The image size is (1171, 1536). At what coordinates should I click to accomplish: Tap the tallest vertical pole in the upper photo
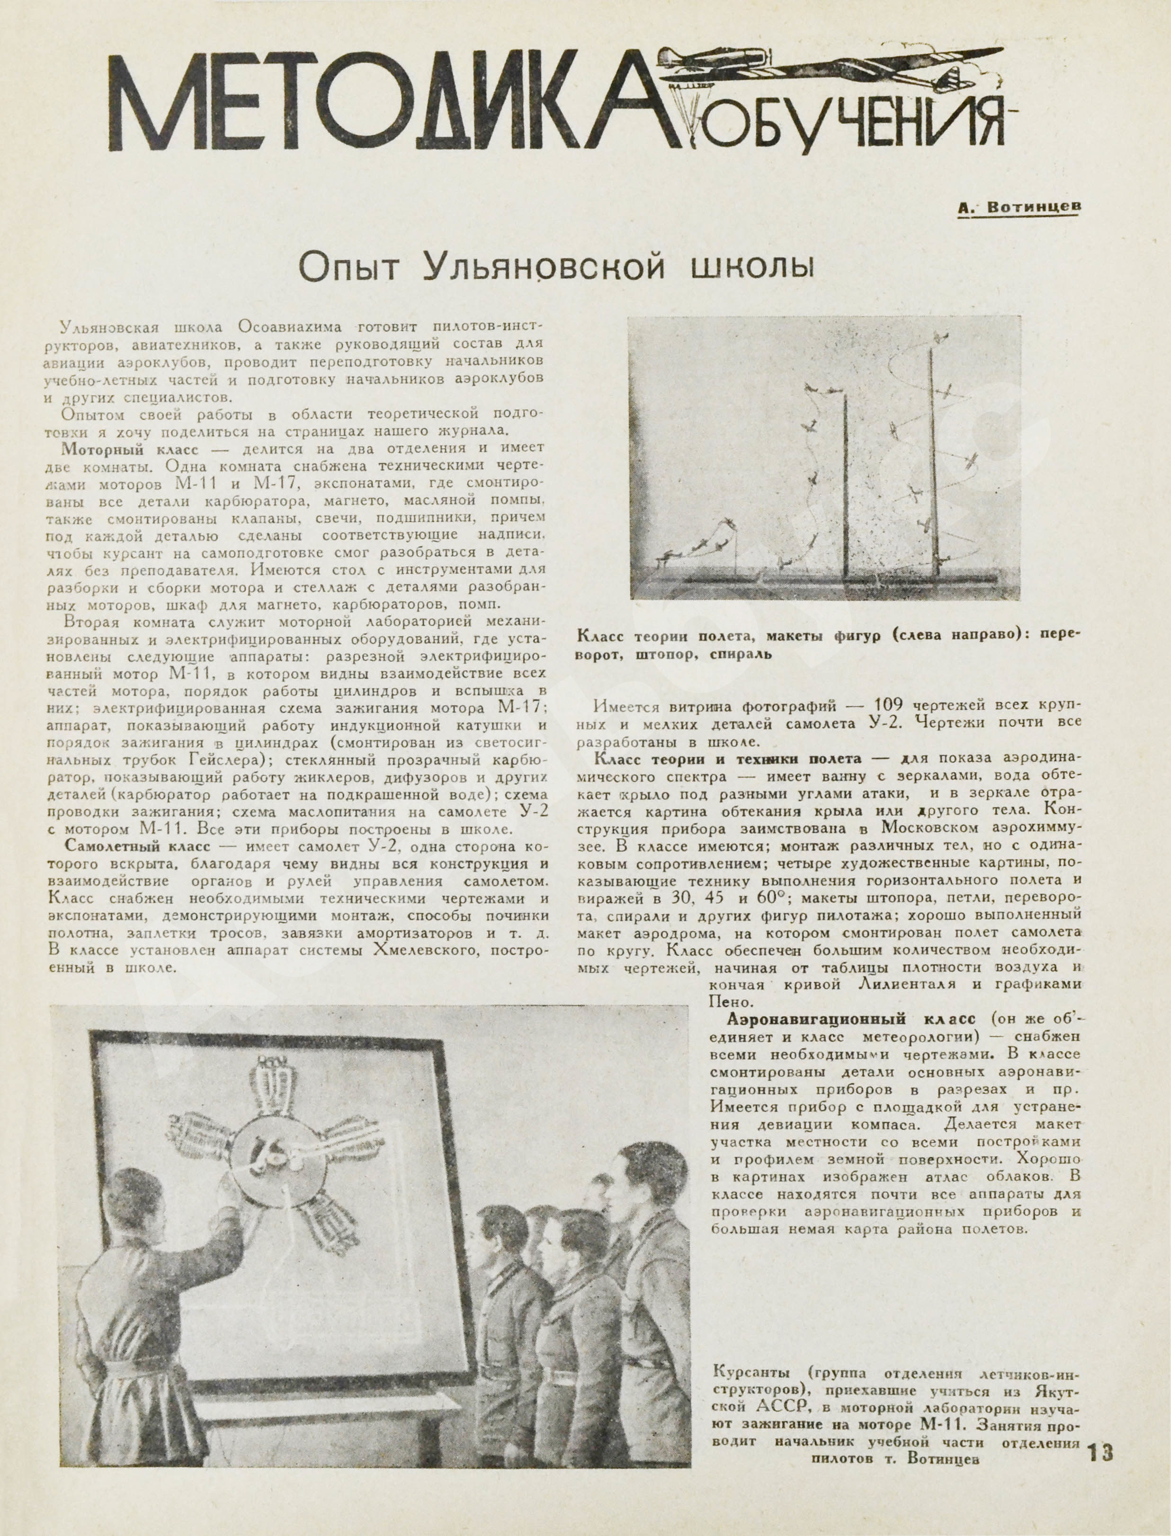pyautogui.click(x=932, y=460)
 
